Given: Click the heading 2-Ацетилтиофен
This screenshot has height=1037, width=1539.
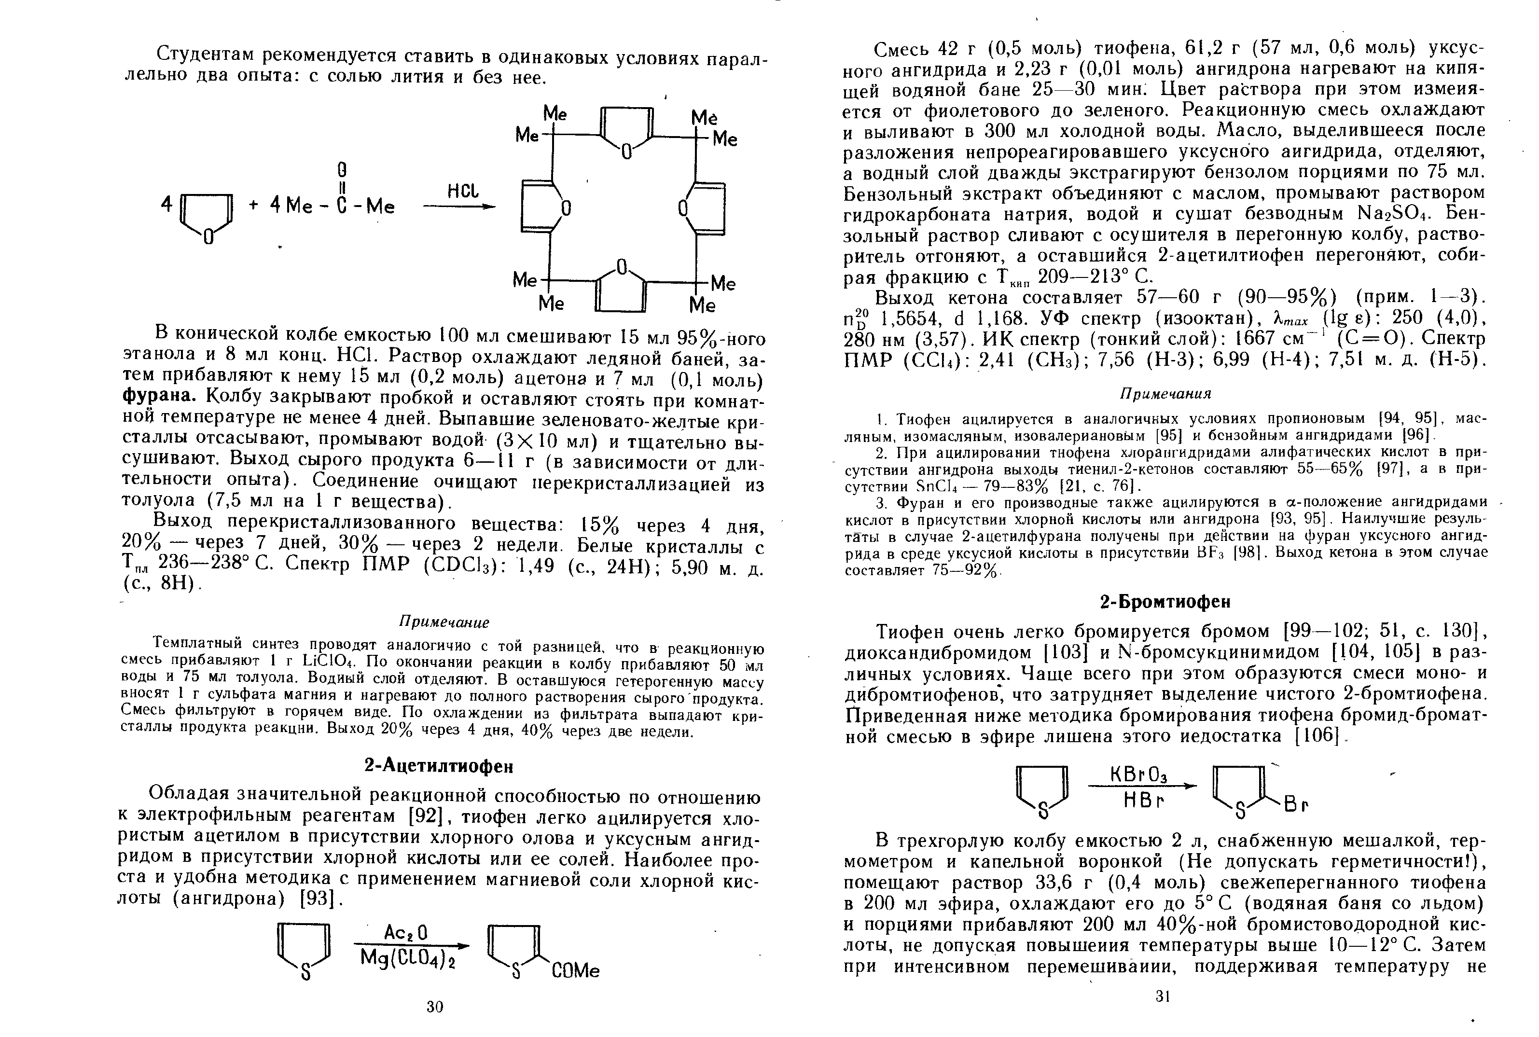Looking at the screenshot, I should [439, 766].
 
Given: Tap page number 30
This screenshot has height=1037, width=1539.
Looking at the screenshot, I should [434, 1007].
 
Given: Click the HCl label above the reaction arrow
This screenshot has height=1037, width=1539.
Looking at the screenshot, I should [462, 192].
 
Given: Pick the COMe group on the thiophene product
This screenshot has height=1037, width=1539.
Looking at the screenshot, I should [575, 971].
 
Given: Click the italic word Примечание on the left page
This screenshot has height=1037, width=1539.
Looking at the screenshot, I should [444, 623].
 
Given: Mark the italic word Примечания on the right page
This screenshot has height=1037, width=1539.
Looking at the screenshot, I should [1165, 394].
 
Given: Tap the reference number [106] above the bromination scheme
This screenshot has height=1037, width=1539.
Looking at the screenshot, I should [1313, 736].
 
